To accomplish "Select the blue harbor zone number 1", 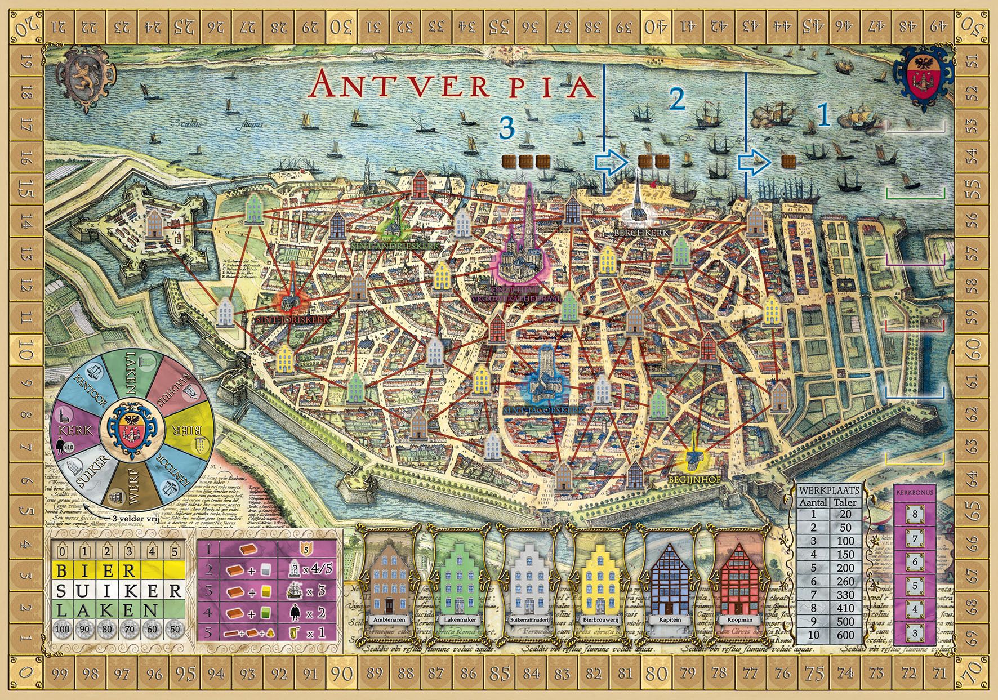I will coord(823,115).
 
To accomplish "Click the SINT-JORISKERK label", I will coord(290,319).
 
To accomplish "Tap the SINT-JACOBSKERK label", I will coord(545,411).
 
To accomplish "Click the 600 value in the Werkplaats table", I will coord(845,635).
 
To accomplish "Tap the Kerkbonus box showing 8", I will coord(915,514).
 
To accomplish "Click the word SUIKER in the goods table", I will coord(118,591).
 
